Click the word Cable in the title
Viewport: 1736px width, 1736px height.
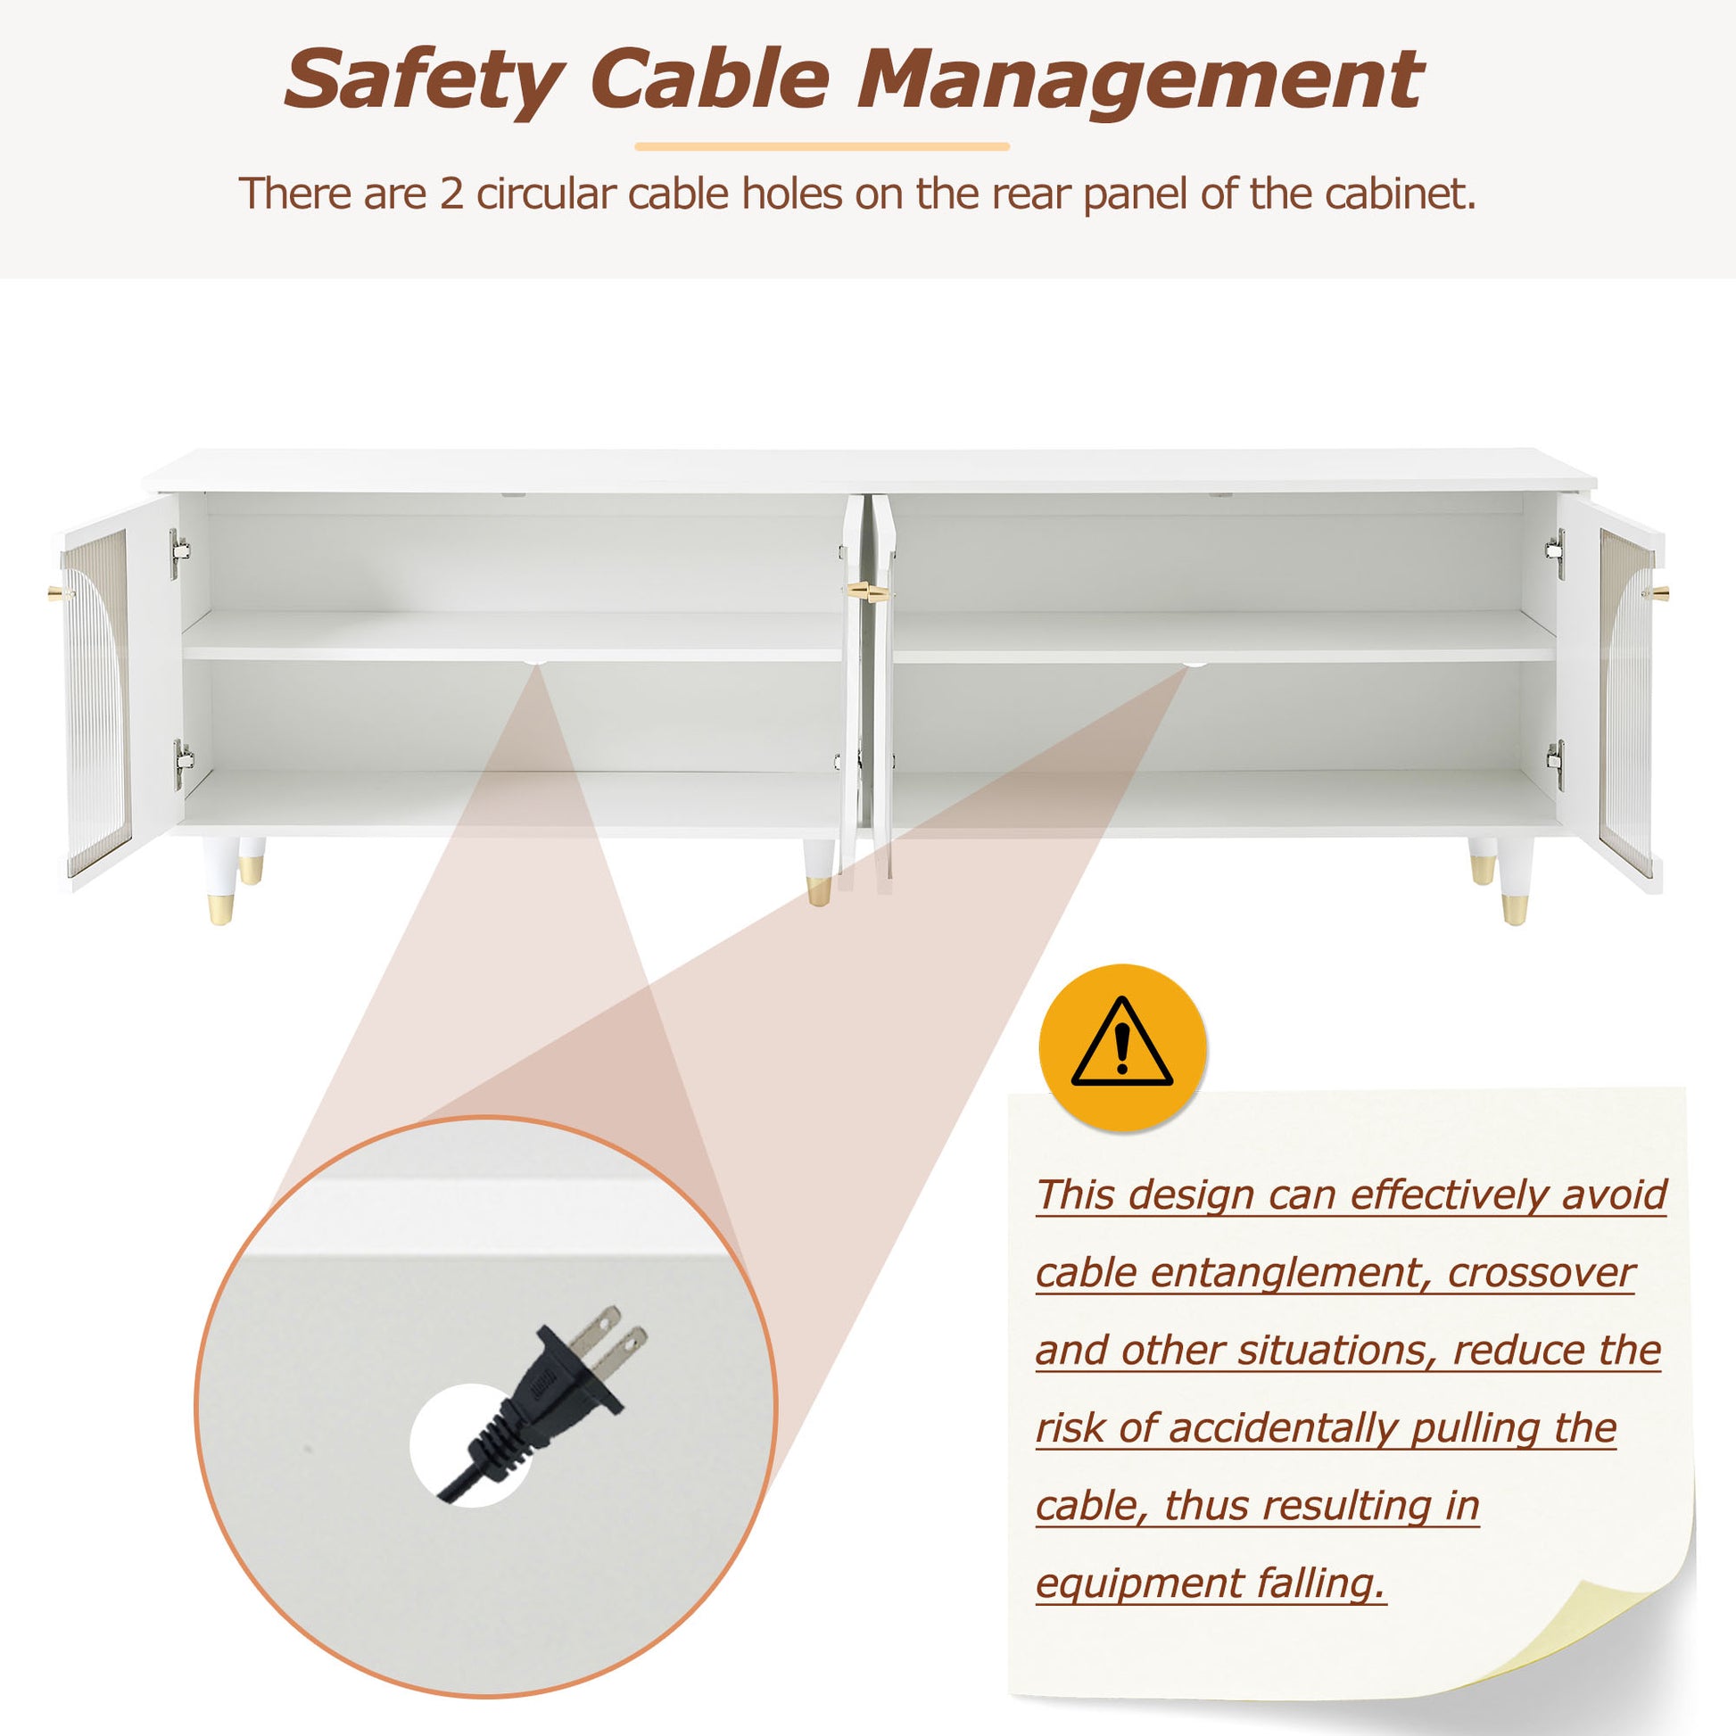click(710, 79)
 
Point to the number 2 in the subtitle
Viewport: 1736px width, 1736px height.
click(451, 194)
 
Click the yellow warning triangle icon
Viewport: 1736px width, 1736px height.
click(1121, 1045)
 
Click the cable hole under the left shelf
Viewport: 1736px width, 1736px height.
click(535, 663)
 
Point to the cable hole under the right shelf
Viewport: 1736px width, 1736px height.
click(1194, 664)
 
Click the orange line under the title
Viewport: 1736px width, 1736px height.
click(823, 146)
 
